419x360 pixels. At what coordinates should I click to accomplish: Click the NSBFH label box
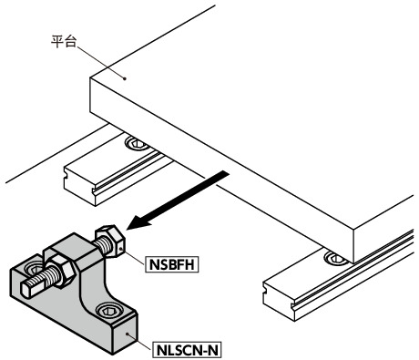pos(171,265)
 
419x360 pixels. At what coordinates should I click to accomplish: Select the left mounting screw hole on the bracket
pos(36,268)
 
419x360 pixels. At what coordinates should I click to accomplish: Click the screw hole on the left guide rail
pos(137,143)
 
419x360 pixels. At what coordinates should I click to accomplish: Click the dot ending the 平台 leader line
pos(124,77)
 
